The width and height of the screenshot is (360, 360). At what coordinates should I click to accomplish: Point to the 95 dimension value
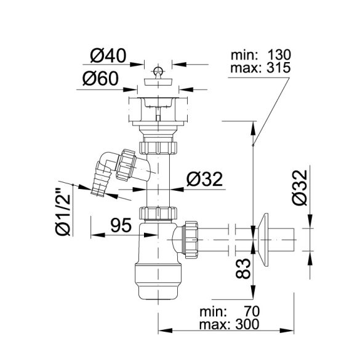click(x=120, y=225)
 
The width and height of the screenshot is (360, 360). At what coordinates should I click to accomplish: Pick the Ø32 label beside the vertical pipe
click(x=204, y=179)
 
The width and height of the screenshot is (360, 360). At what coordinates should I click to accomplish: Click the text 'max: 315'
click(x=260, y=66)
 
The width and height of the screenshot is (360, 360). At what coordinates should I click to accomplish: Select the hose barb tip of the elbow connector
click(x=98, y=188)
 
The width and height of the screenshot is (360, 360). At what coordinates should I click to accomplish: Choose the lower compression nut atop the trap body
click(x=159, y=214)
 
